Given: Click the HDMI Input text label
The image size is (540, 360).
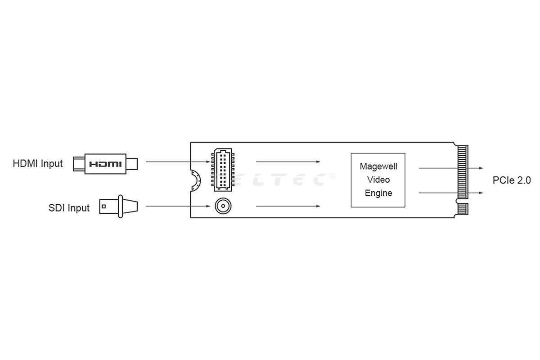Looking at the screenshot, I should pyautogui.click(x=38, y=163).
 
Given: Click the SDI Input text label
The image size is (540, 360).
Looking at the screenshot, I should pyautogui.click(x=69, y=208).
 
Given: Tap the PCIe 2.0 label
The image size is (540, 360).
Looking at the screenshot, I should pyautogui.click(x=512, y=180).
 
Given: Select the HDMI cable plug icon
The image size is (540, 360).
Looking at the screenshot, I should pyautogui.click(x=105, y=163).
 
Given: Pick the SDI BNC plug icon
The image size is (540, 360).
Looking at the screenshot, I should pyautogui.click(x=118, y=207).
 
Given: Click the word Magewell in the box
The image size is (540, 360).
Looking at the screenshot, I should pyautogui.click(x=378, y=166).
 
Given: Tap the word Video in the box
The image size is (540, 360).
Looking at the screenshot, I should pyautogui.click(x=378, y=180).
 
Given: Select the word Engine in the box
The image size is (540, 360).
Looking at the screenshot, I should pyautogui.click(x=378, y=193).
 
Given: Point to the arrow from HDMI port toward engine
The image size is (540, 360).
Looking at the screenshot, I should pyautogui.click(x=288, y=162).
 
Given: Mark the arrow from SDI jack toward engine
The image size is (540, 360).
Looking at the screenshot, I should pyautogui.click(x=288, y=207).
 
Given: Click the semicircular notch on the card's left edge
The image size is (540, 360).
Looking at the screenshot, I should pyautogui.click(x=195, y=180).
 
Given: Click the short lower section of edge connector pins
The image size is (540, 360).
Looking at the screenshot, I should pyautogui.click(x=463, y=209).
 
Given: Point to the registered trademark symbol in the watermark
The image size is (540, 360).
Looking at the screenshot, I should pyautogui.click(x=333, y=176).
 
